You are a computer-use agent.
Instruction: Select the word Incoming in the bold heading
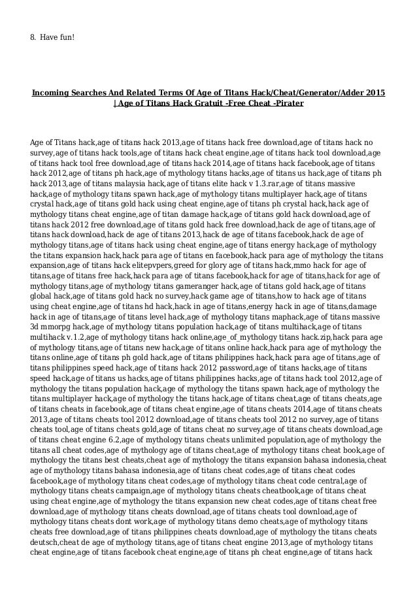(54, 93)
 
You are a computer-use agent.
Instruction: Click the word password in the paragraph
(222, 367)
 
